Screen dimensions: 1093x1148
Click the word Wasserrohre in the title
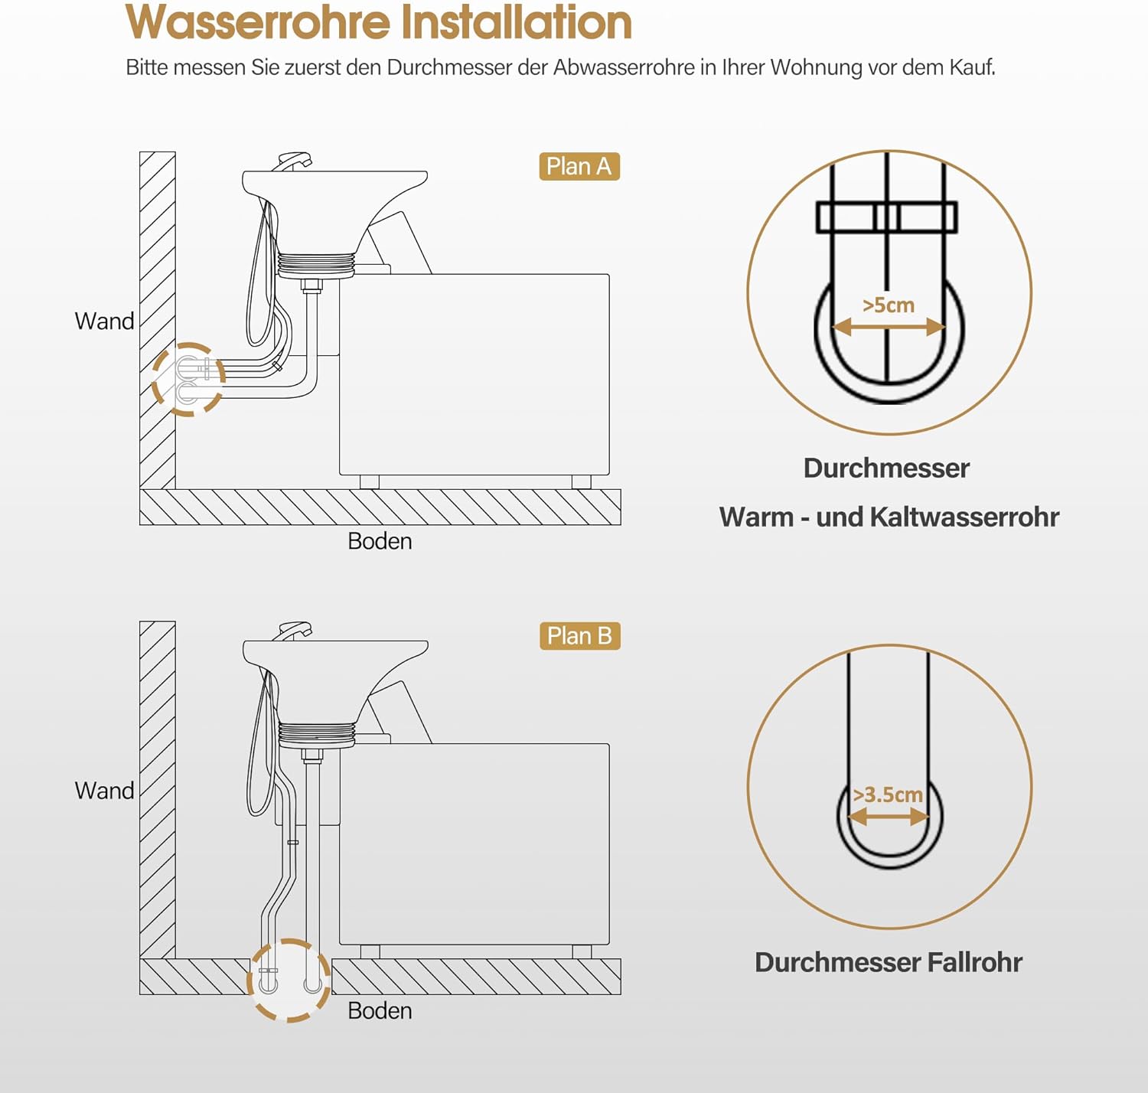pyautogui.click(x=259, y=23)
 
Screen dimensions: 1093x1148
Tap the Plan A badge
pyautogui.click(x=579, y=167)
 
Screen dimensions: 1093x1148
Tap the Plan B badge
pyautogui.click(x=579, y=636)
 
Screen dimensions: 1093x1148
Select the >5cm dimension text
pyautogui.click(x=889, y=305)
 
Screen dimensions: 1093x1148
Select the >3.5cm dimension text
pyautogui.click(x=888, y=795)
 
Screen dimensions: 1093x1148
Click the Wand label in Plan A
pyautogui.click(x=104, y=321)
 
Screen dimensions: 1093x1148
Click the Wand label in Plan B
pyautogui.click(x=104, y=791)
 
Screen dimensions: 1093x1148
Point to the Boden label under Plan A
pyautogui.click(x=380, y=541)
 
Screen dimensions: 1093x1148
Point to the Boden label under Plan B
pyautogui.click(x=380, y=1011)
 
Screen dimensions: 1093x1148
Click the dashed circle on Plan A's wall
pyautogui.click(x=188, y=380)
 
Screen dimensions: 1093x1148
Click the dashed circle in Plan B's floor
pyautogui.click(x=289, y=980)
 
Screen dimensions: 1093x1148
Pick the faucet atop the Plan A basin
pyautogui.click(x=295, y=162)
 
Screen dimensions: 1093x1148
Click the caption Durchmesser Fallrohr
pyautogui.click(x=888, y=962)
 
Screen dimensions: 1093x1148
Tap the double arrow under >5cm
pyautogui.click(x=889, y=328)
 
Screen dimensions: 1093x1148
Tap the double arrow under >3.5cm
pyautogui.click(x=889, y=817)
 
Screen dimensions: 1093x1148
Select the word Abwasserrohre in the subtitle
pyautogui.click(x=623, y=67)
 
